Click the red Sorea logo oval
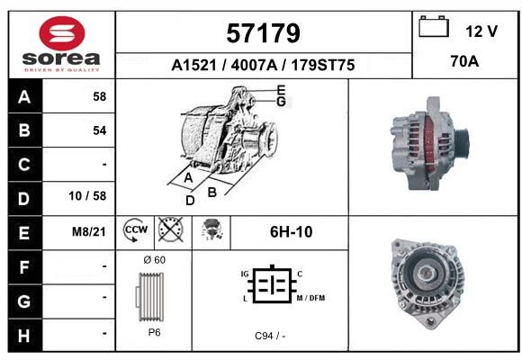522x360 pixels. tap(62, 33)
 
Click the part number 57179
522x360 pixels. tap(263, 33)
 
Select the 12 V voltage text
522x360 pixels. tap(481, 31)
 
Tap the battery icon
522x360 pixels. tap(434, 26)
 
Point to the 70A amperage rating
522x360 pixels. tap(464, 61)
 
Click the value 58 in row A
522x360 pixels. tap(100, 96)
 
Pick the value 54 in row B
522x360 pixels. tap(100, 130)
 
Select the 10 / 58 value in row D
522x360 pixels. tap(87, 196)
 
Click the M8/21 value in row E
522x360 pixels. tap(89, 231)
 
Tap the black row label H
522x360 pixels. tap(25, 336)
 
